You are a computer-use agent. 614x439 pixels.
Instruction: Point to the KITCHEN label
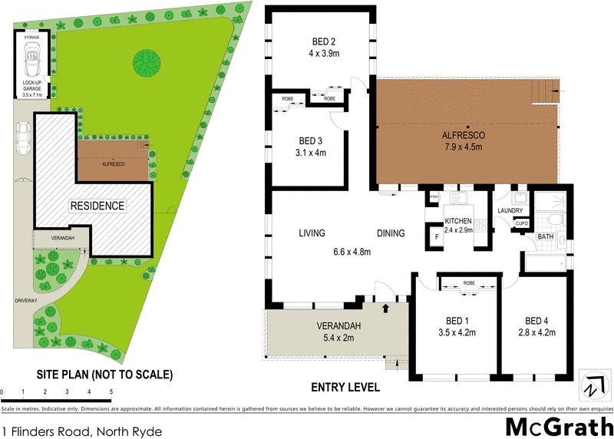[458, 222]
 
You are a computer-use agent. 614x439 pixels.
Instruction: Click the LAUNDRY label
[510, 211]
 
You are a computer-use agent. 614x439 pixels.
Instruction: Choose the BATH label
[546, 238]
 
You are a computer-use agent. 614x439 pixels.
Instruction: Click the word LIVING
[312, 233]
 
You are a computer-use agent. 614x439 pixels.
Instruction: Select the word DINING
[391, 233]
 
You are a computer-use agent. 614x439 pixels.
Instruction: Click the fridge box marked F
[437, 237]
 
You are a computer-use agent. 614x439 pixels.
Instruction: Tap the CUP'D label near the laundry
[522, 223]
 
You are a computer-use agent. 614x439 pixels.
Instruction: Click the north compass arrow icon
[591, 387]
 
